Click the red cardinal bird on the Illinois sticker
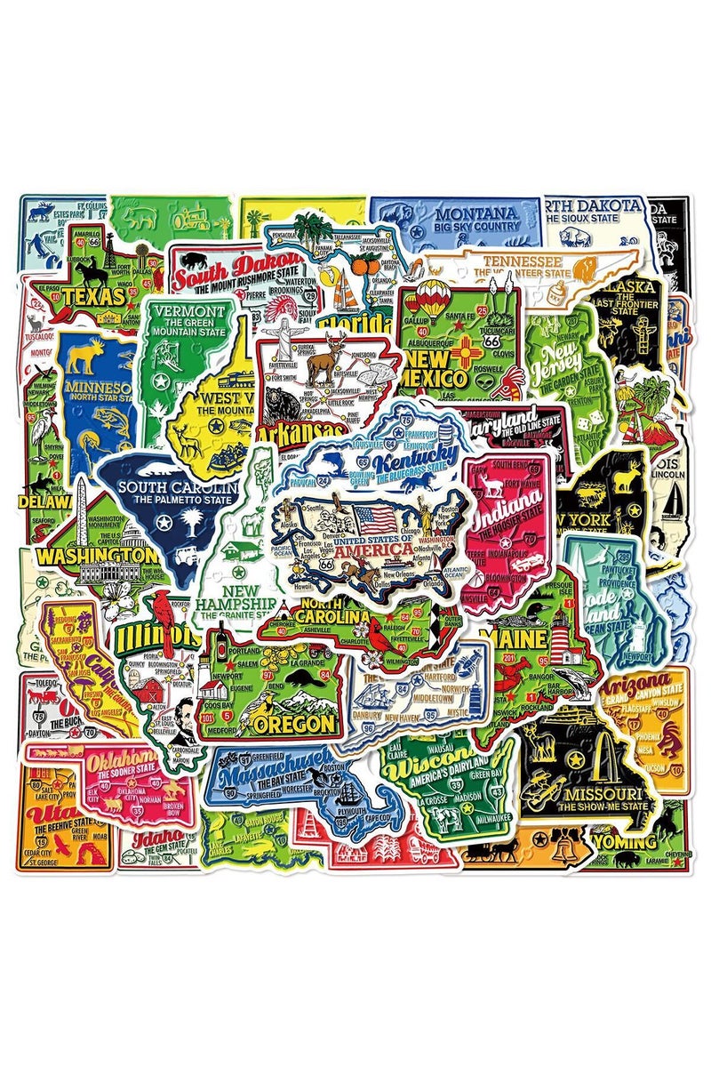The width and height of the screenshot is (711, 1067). pos(162,606)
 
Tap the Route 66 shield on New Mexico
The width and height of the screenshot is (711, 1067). pos(482,341)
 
